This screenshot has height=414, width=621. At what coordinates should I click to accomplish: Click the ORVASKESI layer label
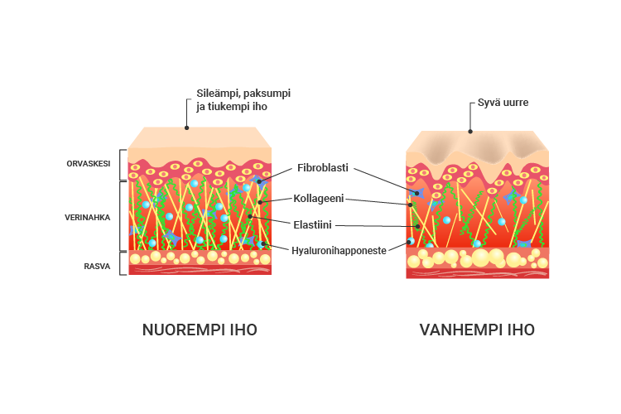(x=89, y=164)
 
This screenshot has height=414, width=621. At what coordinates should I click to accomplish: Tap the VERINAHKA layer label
(x=88, y=218)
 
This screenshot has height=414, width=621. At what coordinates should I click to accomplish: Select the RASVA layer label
(x=97, y=267)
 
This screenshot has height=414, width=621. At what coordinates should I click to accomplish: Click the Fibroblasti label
(x=323, y=167)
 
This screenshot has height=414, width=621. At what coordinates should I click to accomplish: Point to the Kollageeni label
(x=319, y=199)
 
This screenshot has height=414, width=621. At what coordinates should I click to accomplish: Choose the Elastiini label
(x=312, y=224)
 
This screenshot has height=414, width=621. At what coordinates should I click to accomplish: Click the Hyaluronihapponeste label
(x=339, y=251)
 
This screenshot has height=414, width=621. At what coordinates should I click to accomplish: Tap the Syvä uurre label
(x=503, y=103)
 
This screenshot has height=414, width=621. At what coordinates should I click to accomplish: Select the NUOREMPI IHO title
(x=200, y=330)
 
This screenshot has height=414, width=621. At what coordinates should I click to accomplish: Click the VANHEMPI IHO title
(x=477, y=330)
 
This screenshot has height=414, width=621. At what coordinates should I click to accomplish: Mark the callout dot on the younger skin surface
(x=186, y=128)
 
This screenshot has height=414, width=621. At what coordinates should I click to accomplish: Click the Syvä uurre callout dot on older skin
(x=470, y=132)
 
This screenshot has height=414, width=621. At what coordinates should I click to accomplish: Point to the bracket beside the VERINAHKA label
(x=120, y=216)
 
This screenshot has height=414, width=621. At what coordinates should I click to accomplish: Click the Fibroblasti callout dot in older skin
(x=417, y=193)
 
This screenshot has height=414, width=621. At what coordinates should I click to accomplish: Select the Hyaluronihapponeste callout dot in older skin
(x=409, y=242)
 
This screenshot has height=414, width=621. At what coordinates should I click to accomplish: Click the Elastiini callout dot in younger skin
(x=250, y=216)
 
